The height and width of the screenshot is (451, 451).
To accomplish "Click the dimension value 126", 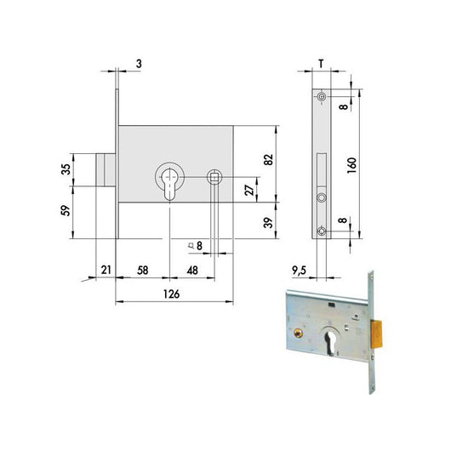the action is click(x=171, y=294).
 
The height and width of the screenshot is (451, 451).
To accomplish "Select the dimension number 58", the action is click(x=143, y=271).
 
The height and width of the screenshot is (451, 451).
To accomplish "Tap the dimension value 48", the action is click(x=192, y=271).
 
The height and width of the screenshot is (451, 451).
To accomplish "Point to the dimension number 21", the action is click(x=106, y=270).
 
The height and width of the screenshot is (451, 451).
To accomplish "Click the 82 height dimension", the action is click(x=268, y=160).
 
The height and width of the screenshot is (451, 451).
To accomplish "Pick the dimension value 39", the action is click(x=268, y=222).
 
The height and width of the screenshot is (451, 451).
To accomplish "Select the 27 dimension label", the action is click(x=249, y=190).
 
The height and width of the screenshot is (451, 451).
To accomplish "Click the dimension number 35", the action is click(x=66, y=169).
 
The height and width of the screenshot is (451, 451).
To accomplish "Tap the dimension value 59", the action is click(x=66, y=210).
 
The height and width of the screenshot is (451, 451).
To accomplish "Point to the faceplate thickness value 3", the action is click(x=140, y=64).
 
